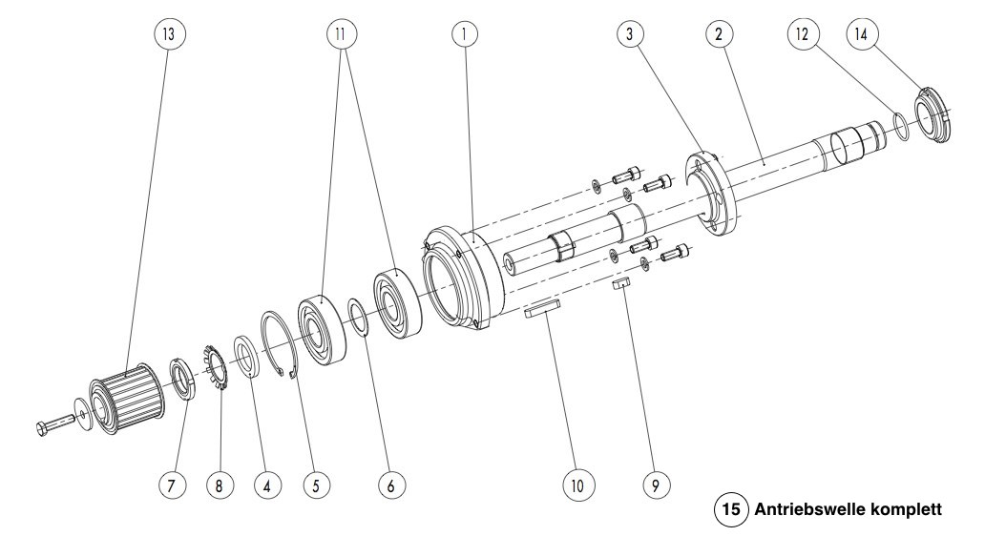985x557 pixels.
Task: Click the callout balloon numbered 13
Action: (x=169, y=33)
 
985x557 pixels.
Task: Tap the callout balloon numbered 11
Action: (x=341, y=33)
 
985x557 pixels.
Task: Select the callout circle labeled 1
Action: (x=464, y=33)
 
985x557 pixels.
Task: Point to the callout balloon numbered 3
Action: (x=630, y=33)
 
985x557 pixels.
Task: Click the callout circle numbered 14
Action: (x=861, y=33)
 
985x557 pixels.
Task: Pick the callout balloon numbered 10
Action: (x=577, y=485)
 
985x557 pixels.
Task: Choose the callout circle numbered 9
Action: (x=657, y=485)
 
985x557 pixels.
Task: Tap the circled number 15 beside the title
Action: (x=730, y=508)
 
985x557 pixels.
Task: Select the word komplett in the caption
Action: (x=897, y=510)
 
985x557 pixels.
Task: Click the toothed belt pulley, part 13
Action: (x=127, y=396)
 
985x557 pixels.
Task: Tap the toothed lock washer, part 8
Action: (x=216, y=368)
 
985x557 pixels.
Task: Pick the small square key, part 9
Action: (x=621, y=283)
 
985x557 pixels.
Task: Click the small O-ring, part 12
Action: (x=900, y=126)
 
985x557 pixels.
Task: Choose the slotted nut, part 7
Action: (x=183, y=378)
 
